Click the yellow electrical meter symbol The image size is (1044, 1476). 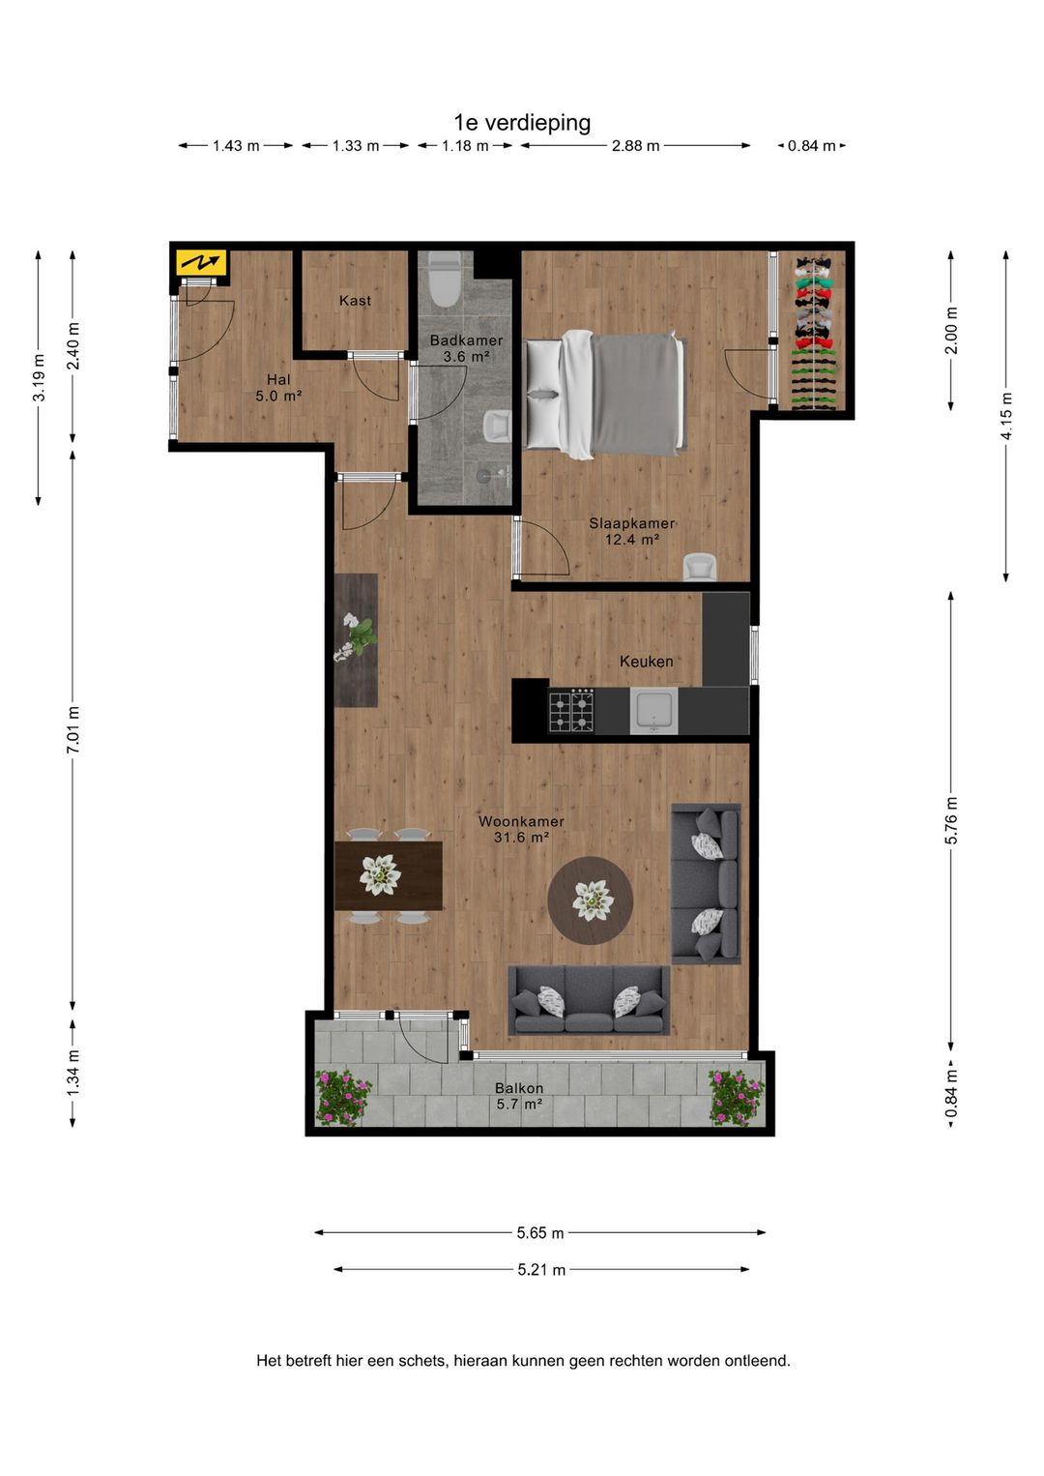point(201,262)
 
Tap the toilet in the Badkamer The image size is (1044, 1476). point(445,280)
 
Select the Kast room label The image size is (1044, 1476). point(355,301)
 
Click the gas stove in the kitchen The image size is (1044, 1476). point(571,711)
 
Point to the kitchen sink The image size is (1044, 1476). point(653,711)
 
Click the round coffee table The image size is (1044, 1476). point(591,900)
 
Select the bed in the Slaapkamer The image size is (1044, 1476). point(605,394)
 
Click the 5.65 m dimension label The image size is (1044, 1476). point(539,1233)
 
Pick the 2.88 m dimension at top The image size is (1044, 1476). point(635,146)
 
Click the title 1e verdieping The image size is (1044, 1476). point(522,123)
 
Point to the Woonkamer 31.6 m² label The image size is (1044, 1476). point(521,829)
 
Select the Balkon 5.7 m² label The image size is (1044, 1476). point(519,1096)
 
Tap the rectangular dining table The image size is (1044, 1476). point(389,875)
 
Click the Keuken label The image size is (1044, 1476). point(646,662)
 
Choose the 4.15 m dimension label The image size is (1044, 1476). point(1006,416)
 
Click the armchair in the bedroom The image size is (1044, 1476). point(699,567)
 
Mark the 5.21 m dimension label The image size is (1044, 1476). point(541,1270)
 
